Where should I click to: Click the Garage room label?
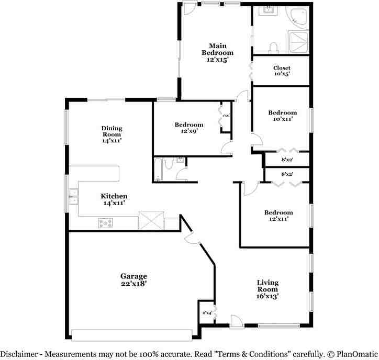tap(133, 279)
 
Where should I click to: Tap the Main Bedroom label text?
tap(217, 53)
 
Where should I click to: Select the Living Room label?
tap(267, 289)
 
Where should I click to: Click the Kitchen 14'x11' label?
tap(114, 199)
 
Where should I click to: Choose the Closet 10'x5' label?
tap(282, 71)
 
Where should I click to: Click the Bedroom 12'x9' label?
tap(189, 128)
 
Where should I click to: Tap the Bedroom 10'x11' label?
tap(282, 116)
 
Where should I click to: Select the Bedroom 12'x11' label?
tap(278, 216)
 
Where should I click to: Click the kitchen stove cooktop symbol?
tap(106, 223)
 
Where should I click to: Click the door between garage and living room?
tap(193, 238)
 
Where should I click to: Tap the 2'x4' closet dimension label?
tap(207, 313)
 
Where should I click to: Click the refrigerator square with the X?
tap(151, 220)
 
